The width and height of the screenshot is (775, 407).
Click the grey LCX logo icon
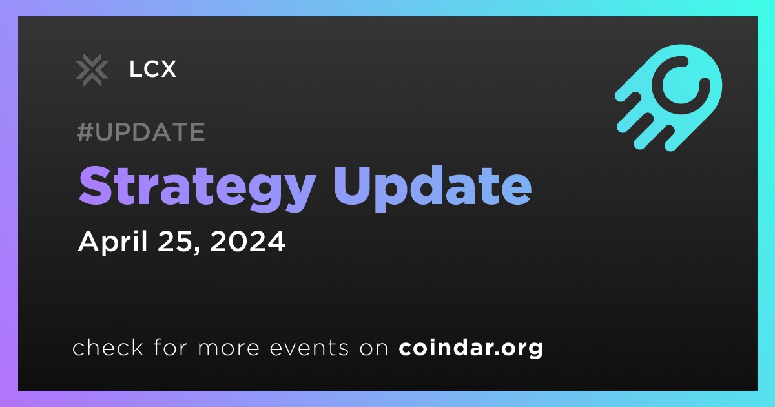click(x=92, y=70)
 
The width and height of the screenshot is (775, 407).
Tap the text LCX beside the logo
click(x=152, y=69)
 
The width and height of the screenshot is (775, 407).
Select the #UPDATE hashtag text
click(x=141, y=132)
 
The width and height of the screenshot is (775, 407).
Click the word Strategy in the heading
click(x=196, y=187)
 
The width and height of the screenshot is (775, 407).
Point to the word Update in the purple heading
click(x=432, y=187)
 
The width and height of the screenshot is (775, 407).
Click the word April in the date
click(x=113, y=242)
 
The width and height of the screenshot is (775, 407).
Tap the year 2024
click(x=247, y=241)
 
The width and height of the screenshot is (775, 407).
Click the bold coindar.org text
click(x=471, y=348)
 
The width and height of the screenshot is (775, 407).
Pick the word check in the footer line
click(x=108, y=347)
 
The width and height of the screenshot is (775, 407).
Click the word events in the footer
click(x=309, y=348)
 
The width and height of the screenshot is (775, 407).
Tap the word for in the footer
click(x=170, y=347)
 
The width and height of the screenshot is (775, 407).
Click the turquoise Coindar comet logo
click(x=668, y=98)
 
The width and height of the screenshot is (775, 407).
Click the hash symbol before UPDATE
click(x=85, y=132)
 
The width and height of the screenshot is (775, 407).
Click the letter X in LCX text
click(x=167, y=69)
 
